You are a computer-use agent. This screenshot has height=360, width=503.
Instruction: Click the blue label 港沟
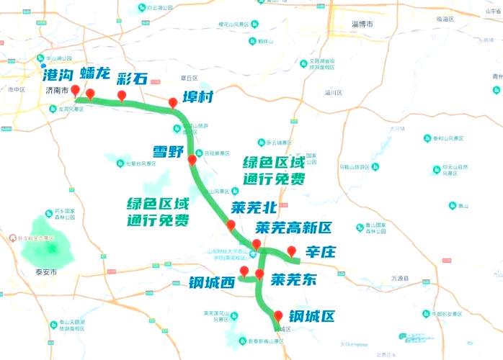pos(58,74)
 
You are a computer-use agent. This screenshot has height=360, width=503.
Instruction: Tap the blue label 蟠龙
pos(96,75)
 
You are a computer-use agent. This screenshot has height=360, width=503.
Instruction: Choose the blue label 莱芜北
pos(254,208)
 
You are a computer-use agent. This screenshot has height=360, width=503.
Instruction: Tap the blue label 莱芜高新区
pos(294,228)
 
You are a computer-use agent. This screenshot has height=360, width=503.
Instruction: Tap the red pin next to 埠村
pos(173,103)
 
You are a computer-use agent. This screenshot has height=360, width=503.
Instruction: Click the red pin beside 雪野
pos(192,160)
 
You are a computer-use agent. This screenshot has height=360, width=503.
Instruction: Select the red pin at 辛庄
pos(291,251)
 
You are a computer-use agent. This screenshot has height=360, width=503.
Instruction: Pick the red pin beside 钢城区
pos(278,315)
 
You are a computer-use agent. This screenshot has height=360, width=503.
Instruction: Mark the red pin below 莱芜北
pos(231,225)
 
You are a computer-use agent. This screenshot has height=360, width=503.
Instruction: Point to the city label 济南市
pos(55,91)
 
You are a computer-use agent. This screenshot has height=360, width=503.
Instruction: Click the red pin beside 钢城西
pos(244,271)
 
